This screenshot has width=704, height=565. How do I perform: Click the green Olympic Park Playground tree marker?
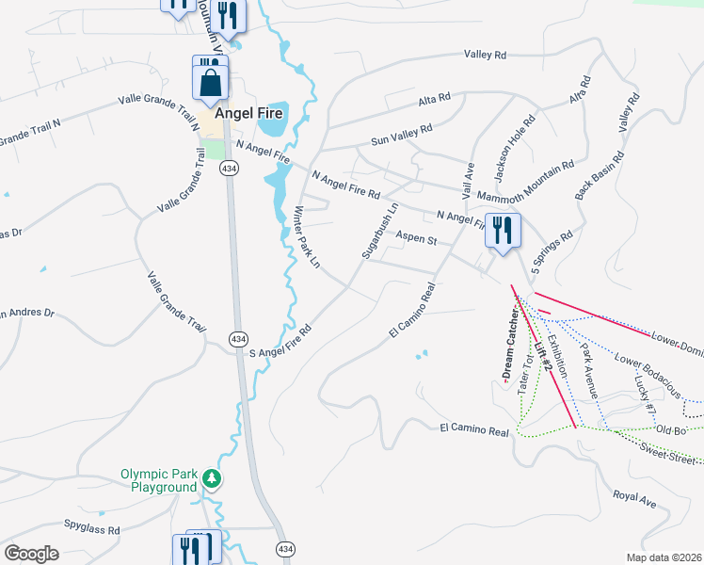[x=214, y=479]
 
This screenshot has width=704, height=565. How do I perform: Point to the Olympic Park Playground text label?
[x=159, y=480]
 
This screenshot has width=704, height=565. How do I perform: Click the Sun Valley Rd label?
[x=401, y=134]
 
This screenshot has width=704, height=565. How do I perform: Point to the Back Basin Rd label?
[x=600, y=175]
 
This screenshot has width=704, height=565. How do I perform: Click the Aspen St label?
[x=417, y=240]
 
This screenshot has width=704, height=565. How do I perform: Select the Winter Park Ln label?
[x=308, y=237]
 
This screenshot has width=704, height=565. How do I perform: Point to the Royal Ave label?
[x=633, y=499]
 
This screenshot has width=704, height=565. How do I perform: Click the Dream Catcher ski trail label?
[x=510, y=344]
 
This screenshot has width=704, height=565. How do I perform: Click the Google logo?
[x=32, y=554]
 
